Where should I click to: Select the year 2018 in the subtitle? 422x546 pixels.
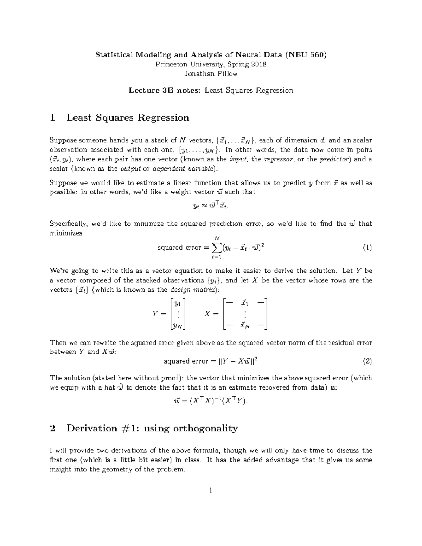coord(258,64)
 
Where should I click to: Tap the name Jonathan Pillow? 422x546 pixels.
coord(211,74)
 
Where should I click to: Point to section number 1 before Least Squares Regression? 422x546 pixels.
coord(52,117)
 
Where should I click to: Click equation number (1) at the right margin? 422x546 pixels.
coord(367,248)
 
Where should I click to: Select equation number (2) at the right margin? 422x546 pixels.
coord(367,361)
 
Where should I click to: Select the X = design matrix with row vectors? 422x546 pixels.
coord(245,314)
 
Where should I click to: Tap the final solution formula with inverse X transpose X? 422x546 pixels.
coord(211,401)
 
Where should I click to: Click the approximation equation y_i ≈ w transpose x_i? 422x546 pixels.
coord(211,206)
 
